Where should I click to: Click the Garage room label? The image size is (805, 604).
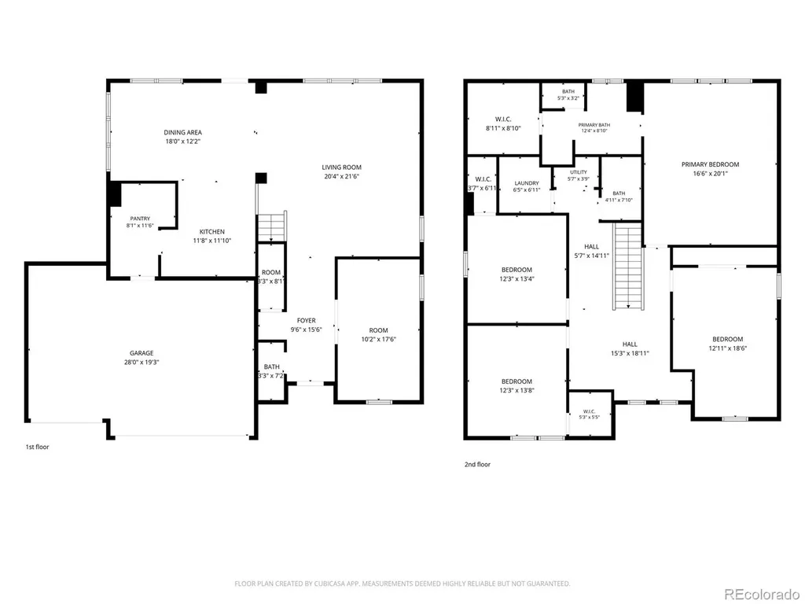(142, 353)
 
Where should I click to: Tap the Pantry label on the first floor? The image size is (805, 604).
(140, 219)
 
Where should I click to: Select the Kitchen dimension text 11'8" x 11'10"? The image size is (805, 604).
(212, 241)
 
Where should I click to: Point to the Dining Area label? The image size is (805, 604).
(182, 132)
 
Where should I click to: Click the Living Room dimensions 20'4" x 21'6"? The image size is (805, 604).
(341, 176)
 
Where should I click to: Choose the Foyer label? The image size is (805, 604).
(307, 321)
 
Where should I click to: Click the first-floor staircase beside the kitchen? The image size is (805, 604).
(271, 226)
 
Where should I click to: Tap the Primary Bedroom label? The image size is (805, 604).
(710, 165)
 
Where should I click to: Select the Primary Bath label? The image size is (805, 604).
(594, 125)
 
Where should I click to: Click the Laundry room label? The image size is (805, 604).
(527, 183)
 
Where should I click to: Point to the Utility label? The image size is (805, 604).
(579, 172)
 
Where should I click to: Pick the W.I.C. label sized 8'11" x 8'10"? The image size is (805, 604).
(503, 120)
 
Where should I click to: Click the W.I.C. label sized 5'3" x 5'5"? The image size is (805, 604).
(589, 411)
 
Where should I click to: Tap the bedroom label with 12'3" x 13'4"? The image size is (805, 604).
(516, 271)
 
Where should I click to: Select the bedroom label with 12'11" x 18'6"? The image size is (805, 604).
(727, 340)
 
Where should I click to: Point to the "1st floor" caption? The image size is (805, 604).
(38, 447)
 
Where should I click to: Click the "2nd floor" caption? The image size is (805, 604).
(477, 464)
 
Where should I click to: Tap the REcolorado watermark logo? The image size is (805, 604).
(762, 595)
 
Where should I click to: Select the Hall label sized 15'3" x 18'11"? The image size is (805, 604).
(630, 344)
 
